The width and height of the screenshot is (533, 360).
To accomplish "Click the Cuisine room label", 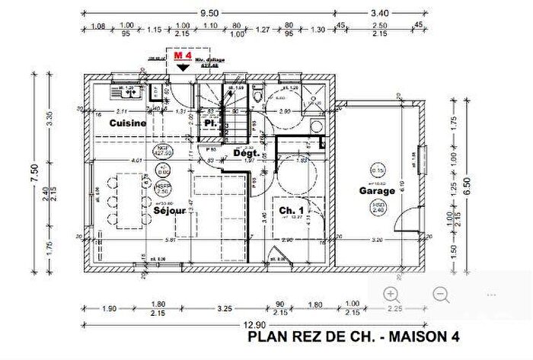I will pos(128,123).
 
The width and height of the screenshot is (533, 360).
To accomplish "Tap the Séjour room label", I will pos(170,212).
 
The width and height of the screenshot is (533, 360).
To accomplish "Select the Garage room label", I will pos(378,191).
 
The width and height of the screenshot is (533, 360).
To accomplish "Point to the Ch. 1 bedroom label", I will pos(292,211).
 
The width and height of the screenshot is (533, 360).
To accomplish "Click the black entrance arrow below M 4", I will pos(183,67).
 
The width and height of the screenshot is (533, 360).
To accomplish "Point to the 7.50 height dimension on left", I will pos(33,169).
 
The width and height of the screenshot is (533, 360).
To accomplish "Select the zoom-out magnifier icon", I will pos(441,295).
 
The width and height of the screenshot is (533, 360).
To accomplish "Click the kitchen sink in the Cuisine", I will pos(122,93).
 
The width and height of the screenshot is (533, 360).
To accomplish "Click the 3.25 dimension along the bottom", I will pos(225,309).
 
